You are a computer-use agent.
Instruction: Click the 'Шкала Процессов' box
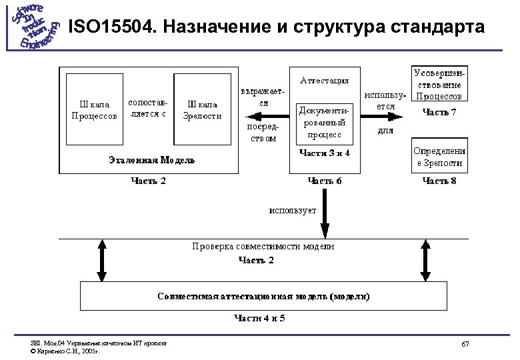(x=94, y=110)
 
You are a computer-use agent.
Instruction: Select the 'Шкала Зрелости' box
(x=201, y=110)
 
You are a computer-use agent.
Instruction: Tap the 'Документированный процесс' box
(x=324, y=122)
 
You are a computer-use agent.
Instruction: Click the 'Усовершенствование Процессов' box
(x=438, y=83)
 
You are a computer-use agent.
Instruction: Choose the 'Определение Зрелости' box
(x=438, y=157)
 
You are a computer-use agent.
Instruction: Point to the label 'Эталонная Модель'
(x=151, y=160)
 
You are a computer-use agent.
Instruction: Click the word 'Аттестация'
(x=324, y=81)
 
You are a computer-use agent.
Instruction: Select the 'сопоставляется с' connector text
(x=147, y=109)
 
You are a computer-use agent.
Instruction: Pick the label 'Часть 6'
(x=324, y=181)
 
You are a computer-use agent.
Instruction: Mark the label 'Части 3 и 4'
(x=324, y=153)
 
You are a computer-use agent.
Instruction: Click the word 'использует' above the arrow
(x=293, y=211)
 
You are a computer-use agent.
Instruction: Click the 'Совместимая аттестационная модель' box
(x=264, y=296)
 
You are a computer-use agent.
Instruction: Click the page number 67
(x=465, y=344)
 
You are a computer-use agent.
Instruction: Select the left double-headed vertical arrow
(x=103, y=261)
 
